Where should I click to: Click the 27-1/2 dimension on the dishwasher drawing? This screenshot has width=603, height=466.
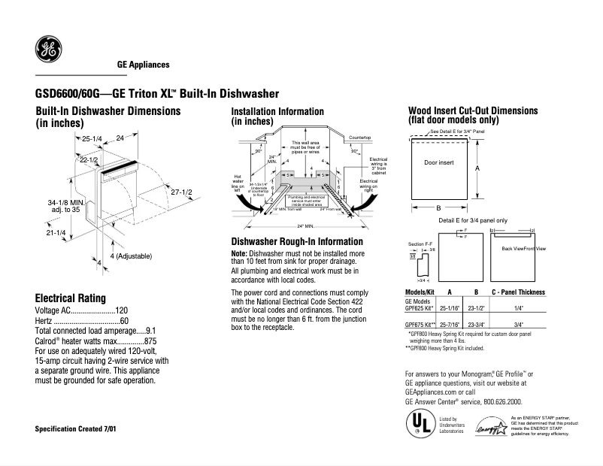click(181, 192)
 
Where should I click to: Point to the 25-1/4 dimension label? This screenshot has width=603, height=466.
click(92, 139)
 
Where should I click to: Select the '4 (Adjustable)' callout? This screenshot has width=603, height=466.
click(131, 256)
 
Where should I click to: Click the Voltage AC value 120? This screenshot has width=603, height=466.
click(122, 310)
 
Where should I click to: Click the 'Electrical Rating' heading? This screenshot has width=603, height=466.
click(71, 298)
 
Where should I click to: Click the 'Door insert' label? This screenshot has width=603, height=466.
click(439, 162)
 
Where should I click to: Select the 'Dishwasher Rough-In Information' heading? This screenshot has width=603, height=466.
click(297, 242)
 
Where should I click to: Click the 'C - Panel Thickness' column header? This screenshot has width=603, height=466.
click(518, 292)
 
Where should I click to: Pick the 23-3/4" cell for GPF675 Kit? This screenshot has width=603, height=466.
click(476, 325)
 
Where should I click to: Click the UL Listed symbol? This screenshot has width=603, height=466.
click(417, 424)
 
